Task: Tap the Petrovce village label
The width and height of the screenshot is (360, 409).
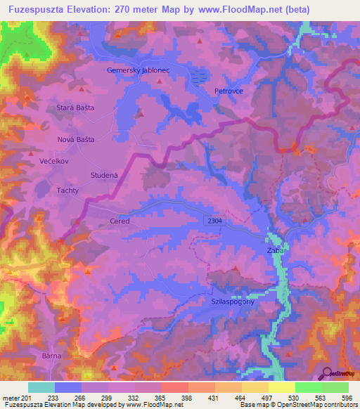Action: coord(229,91)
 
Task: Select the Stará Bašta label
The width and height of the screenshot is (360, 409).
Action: coord(75,108)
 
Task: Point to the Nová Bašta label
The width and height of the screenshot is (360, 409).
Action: coord(75,139)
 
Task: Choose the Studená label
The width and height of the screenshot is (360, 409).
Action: coord(105,174)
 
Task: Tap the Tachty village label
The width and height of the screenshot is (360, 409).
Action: coord(67,190)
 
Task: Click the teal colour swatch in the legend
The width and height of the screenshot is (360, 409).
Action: coord(41,387)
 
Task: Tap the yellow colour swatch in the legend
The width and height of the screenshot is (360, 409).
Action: coord(282,387)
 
